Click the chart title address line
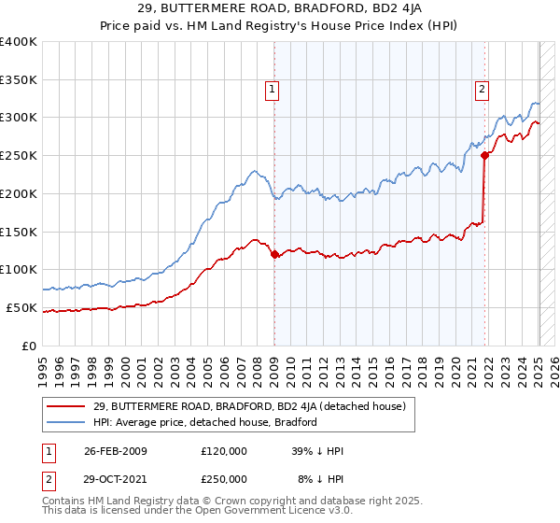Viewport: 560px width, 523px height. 279,8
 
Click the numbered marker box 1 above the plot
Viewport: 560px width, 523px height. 272,90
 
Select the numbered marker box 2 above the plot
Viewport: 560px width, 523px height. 482,90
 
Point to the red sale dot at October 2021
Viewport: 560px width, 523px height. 484,156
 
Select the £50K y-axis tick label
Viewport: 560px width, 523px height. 21,307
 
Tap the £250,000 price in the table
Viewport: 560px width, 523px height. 224,478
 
